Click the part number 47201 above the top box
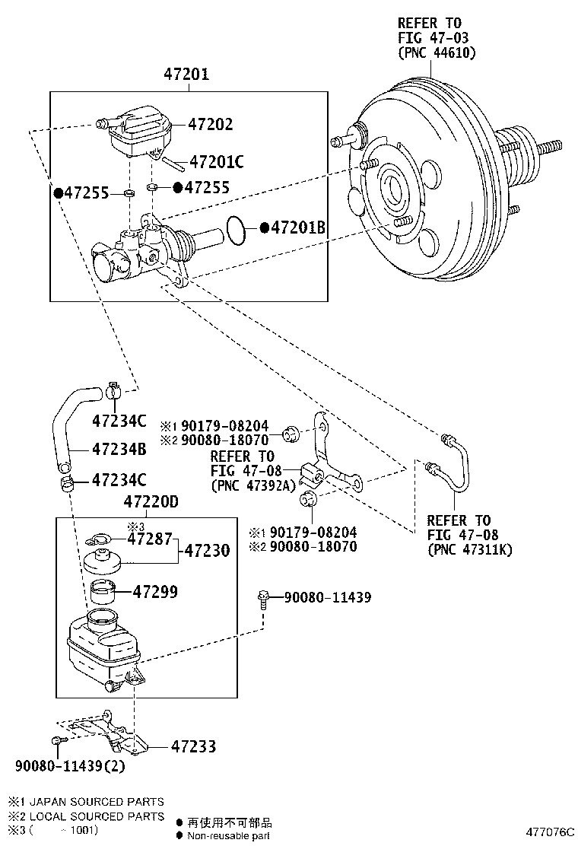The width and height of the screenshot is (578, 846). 186,75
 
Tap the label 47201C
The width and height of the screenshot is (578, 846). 216,161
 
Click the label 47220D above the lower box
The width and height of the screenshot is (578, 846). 150,503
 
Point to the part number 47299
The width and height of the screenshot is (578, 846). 155,590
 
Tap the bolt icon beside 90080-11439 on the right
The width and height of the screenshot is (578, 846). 263,599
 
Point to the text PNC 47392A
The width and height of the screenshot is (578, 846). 252,485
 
